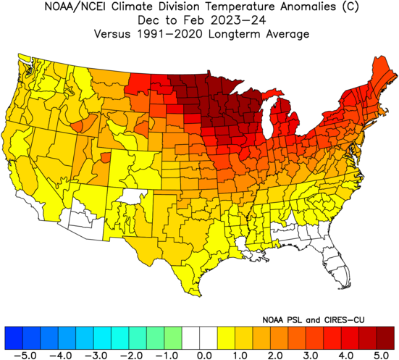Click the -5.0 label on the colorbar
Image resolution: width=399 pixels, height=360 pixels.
click(25, 355)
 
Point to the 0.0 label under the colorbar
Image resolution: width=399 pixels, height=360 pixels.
click(205, 355)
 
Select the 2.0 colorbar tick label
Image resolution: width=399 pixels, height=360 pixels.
click(275, 355)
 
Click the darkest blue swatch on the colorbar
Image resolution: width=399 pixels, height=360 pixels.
click(14, 338)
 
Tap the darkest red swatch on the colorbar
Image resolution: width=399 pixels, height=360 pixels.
click(385, 338)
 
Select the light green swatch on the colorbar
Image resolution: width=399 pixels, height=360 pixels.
click(173, 338)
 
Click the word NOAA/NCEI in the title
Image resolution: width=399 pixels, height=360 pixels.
click(76, 7)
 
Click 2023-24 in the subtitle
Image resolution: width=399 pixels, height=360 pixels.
click(238, 20)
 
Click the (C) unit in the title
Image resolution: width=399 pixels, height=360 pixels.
click(350, 7)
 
